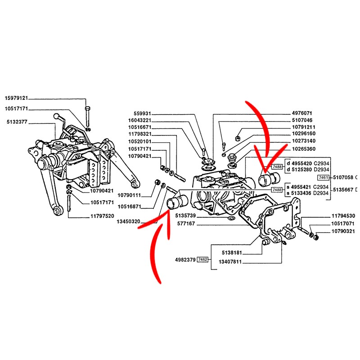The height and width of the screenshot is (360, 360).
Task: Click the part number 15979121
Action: pyautogui.click(x=17, y=98)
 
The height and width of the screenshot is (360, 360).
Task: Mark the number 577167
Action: pyautogui.click(x=186, y=223)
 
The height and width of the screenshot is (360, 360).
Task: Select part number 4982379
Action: pyautogui.click(x=185, y=260)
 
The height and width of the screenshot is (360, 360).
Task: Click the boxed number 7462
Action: pyautogui.click(x=203, y=260)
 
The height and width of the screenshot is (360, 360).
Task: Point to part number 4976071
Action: pyautogui.click(x=303, y=113)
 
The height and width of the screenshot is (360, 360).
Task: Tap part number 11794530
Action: pyautogui.click(x=343, y=216)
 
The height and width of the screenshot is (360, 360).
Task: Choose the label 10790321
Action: pyautogui.click(x=343, y=231)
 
